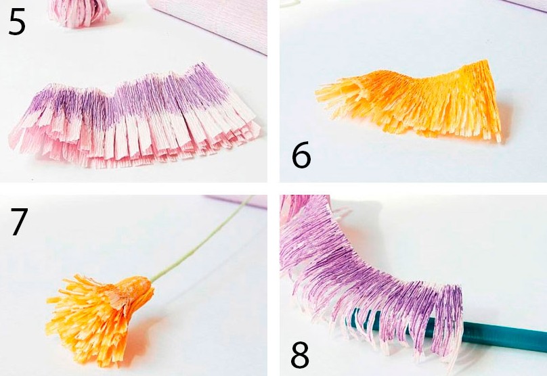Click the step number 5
(17, 22)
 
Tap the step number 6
(301, 155)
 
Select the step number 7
(19, 222)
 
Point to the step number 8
(300, 354)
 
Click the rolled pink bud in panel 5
(79, 14)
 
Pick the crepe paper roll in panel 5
(209, 22)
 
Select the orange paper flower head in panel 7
(100, 319)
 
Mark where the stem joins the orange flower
(151, 280)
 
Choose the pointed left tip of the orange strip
(317, 93)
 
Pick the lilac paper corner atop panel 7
(237, 202)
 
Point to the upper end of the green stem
(252, 197)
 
